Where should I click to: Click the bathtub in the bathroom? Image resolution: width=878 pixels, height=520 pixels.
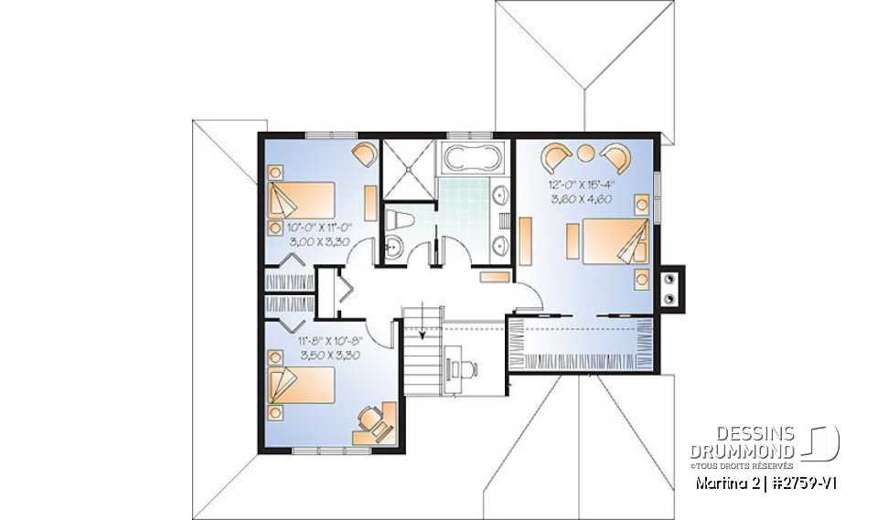[x=471, y=157]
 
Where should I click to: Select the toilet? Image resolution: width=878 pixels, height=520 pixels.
[x=396, y=219]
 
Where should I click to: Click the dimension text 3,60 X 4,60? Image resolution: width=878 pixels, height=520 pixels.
[x=581, y=198]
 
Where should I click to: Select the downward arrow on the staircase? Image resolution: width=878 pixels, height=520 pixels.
[x=423, y=334]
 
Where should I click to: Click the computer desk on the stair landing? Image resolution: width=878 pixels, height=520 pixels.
[x=458, y=366]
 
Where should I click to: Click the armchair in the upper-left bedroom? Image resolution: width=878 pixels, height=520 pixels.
[x=364, y=154]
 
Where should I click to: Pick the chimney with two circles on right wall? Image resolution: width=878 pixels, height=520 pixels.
[x=673, y=289]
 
